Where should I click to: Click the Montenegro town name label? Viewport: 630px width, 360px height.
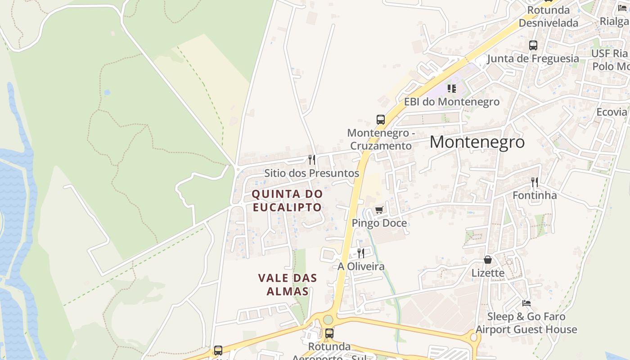[x=477, y=142]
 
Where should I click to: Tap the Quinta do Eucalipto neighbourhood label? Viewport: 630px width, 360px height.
[x=287, y=201]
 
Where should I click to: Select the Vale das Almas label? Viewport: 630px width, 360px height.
[x=288, y=285]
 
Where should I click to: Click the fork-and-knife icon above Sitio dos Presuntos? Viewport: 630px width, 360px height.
[x=311, y=160]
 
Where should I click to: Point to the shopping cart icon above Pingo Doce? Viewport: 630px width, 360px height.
[x=379, y=210]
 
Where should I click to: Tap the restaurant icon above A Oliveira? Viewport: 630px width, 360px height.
[x=361, y=253]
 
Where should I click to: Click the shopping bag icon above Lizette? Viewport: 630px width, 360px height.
[x=488, y=260]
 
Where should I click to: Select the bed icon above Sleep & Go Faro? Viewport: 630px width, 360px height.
[x=526, y=303]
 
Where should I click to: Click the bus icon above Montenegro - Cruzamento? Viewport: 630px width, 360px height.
[x=381, y=120]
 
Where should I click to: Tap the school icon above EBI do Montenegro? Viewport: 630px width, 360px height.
[x=451, y=89]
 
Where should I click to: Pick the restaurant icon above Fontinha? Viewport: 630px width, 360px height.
[x=535, y=182]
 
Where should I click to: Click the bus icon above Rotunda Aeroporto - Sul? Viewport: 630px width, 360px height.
[x=329, y=333]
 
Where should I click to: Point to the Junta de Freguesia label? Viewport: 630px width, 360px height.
[x=533, y=58]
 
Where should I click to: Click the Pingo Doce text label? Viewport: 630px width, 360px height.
[x=379, y=223]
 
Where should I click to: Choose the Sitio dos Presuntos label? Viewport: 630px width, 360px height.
[x=311, y=173]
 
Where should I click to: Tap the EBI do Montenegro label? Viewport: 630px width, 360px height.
[x=451, y=102]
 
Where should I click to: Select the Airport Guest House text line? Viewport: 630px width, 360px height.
[x=526, y=329]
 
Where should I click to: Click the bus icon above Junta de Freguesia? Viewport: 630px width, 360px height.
[x=533, y=45]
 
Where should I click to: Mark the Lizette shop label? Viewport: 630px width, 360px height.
[x=488, y=273]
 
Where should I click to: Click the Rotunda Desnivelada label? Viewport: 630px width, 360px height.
[x=549, y=17]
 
